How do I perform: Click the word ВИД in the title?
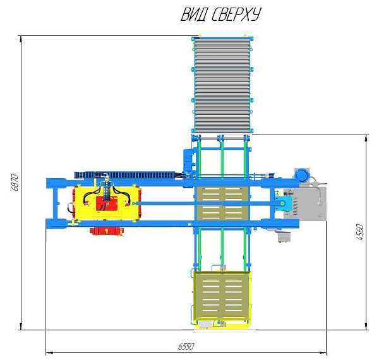coord(195,15)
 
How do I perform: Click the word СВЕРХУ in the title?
coord(236,15)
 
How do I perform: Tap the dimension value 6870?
coord(15,182)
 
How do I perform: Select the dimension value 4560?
coord(360,232)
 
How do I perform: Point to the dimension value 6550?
coord(186,346)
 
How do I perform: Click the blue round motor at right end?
coord(302,174)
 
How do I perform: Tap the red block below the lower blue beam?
coord(107,231)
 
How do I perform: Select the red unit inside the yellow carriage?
coord(107,203)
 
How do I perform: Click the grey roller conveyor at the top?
coord(222,85)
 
